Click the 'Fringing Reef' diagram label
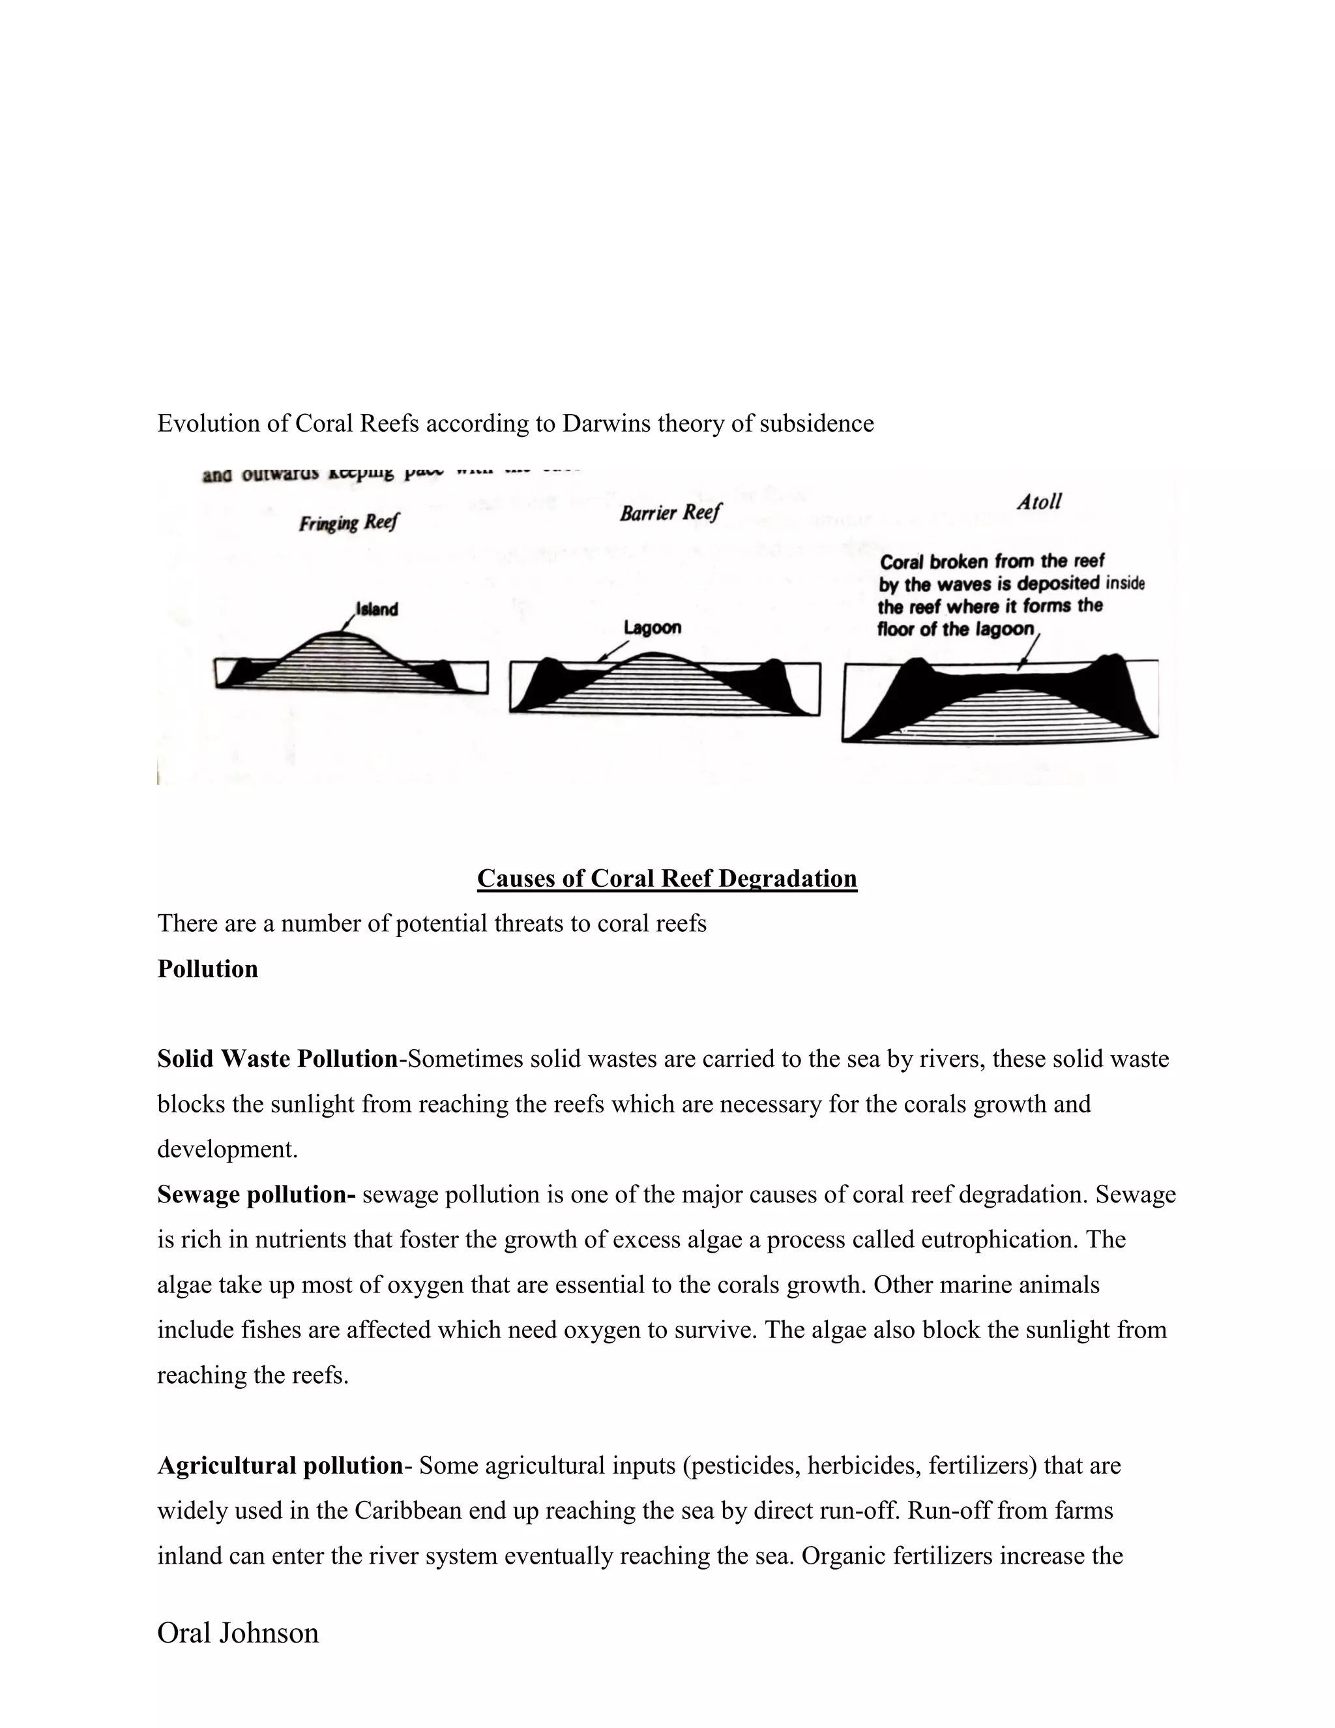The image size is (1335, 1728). click(x=349, y=523)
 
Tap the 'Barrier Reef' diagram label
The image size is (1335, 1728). click(x=670, y=513)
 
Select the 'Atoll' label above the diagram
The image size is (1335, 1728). click(x=1038, y=501)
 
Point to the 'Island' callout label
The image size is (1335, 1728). click(x=377, y=609)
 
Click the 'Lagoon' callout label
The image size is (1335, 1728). click(x=653, y=627)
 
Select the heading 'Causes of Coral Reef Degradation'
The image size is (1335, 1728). click(x=667, y=878)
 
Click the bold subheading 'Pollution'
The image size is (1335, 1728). click(x=207, y=968)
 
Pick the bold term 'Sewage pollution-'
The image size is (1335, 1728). click(x=256, y=1194)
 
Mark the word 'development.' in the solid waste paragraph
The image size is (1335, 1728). click(x=227, y=1149)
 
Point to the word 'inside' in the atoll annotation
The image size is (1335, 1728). click(x=1124, y=584)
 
